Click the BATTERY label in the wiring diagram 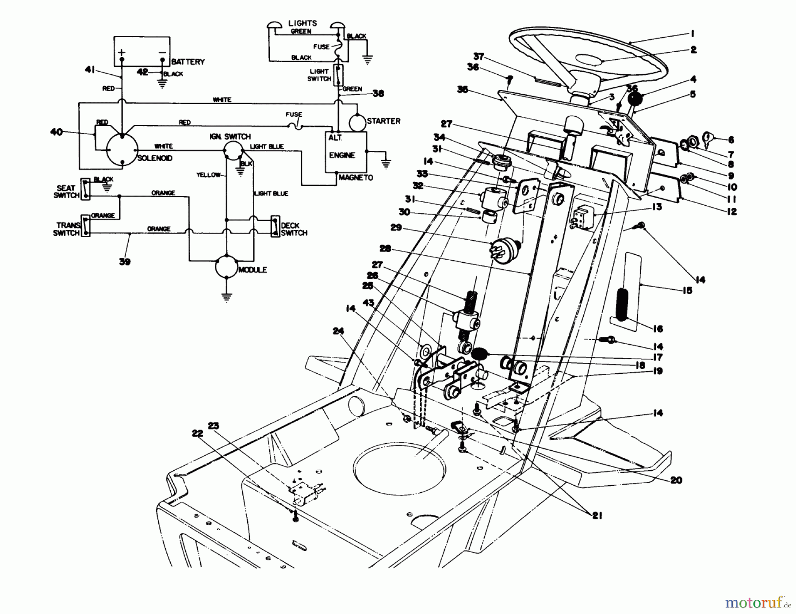[x=188, y=61]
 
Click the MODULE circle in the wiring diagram [x=226, y=266]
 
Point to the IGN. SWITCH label [x=230, y=136]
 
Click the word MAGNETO [x=356, y=177]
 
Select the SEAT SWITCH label [x=66, y=192]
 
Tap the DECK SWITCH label [x=294, y=229]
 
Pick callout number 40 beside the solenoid [x=57, y=132]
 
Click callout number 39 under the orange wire [x=125, y=261]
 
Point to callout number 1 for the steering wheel [x=693, y=33]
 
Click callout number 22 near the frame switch [x=197, y=433]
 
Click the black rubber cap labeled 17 [x=479, y=353]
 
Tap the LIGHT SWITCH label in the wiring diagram [x=319, y=75]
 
